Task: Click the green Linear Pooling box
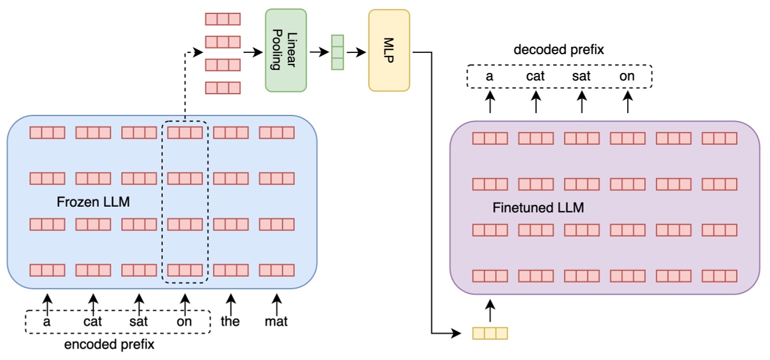(x=285, y=50)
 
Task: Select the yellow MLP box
(x=389, y=50)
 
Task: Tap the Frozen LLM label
(x=93, y=202)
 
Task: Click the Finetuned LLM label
(x=538, y=208)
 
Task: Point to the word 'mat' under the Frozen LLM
(x=277, y=322)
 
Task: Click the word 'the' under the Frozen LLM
(x=231, y=322)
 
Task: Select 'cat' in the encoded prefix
(x=92, y=322)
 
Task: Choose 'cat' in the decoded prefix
(x=535, y=77)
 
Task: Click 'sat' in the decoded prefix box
(x=581, y=77)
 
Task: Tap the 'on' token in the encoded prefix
(x=184, y=322)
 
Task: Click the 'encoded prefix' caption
(x=109, y=345)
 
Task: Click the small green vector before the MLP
(x=337, y=52)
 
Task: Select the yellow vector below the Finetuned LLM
(x=489, y=333)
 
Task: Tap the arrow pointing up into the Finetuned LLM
(x=490, y=310)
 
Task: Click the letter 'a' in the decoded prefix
(x=489, y=77)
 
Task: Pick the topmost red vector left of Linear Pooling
(x=223, y=19)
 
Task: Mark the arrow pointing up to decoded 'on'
(x=628, y=102)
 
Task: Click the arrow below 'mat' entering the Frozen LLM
(x=277, y=302)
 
